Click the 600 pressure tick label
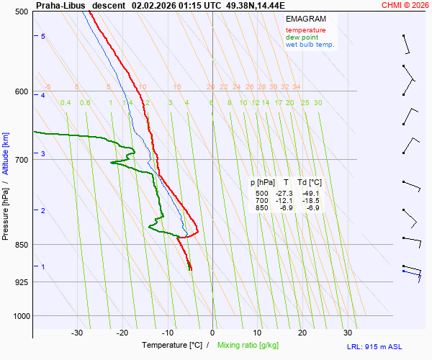tap(21, 91)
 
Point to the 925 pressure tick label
tap(21, 282)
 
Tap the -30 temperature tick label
tap(77, 333)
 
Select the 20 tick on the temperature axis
tap(302, 333)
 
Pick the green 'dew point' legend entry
tap(302, 37)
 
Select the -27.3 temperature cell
tap(284, 194)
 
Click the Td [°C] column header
tap(309, 183)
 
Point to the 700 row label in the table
tap(261, 201)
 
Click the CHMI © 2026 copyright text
tap(405, 5)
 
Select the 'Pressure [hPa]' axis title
tap(6, 209)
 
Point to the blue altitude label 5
tap(43, 36)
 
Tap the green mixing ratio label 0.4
tap(66, 103)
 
